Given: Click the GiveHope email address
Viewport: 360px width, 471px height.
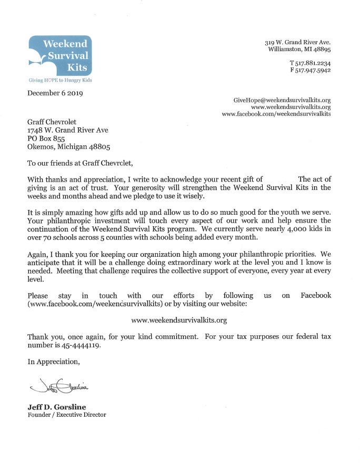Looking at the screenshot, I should point(282,99).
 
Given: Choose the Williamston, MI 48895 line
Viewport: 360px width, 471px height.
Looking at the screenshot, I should point(299,49).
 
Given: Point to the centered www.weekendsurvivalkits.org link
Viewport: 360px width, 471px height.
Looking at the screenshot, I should point(179,320).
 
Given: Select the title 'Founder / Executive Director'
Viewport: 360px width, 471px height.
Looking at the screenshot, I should point(67,415).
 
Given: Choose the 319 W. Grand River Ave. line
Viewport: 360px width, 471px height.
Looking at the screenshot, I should point(297,42).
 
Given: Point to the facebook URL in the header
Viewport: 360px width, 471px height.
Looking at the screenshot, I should point(276,114).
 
